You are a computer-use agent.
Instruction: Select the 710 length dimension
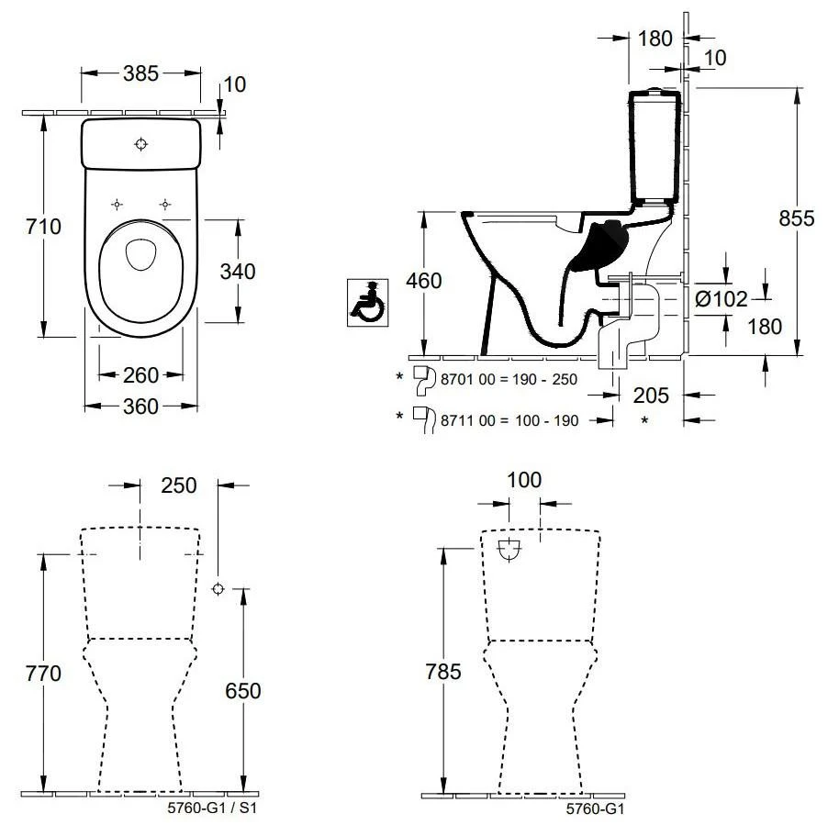[42, 226]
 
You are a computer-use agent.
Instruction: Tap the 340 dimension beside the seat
[237, 271]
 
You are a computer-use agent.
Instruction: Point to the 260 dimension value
[140, 374]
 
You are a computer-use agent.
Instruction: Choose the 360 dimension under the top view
[140, 407]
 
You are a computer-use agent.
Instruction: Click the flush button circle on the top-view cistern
[140, 143]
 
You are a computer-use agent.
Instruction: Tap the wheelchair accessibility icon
[367, 302]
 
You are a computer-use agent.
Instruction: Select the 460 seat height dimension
[423, 280]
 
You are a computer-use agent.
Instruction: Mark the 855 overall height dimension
[797, 218]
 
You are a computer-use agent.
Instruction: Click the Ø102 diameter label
[722, 298]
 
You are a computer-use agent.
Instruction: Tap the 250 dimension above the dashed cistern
[178, 485]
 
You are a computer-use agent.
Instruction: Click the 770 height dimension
[42, 674]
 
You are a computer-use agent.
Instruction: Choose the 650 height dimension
[242, 690]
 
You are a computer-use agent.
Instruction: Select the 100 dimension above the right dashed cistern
[523, 480]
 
